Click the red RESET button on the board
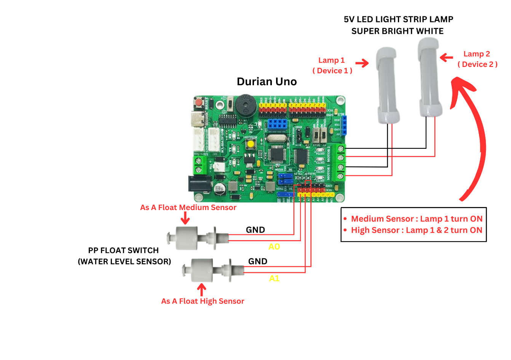198,103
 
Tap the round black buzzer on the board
244,103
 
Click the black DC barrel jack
199,184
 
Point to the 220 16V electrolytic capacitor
219,189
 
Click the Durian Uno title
267,81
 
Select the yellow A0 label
274,247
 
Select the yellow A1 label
274,279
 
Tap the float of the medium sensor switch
187,238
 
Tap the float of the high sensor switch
202,270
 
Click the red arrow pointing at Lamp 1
362,63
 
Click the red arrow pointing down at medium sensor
185,218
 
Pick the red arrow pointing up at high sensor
202,290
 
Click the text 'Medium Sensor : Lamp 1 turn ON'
417,219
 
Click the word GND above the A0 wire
255,230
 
